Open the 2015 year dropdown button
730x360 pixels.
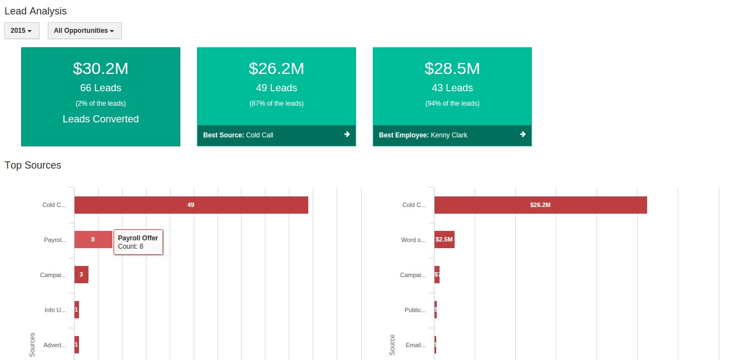tap(22, 31)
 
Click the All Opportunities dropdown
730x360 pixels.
tap(85, 31)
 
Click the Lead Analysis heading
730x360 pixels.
tap(36, 11)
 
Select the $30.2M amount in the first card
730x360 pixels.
tap(101, 68)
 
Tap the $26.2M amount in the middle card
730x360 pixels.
tap(277, 68)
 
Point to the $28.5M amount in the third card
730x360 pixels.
tap(452, 68)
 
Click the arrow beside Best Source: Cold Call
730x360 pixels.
tap(347, 135)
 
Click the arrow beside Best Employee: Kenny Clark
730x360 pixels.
tap(522, 135)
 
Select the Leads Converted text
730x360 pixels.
tap(101, 119)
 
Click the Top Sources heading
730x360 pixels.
tap(33, 165)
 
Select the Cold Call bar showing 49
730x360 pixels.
tap(191, 205)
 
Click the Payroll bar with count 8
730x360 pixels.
tap(93, 239)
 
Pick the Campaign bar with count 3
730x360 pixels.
tap(81, 274)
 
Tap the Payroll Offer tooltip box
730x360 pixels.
tap(138, 242)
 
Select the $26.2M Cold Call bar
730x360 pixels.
tap(540, 205)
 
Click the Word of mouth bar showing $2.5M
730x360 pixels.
tap(444, 239)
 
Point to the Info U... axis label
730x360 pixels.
tap(55, 310)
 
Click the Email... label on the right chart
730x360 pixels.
tap(416, 345)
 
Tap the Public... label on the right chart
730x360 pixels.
tap(415, 310)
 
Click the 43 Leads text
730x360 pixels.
tap(452, 88)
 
